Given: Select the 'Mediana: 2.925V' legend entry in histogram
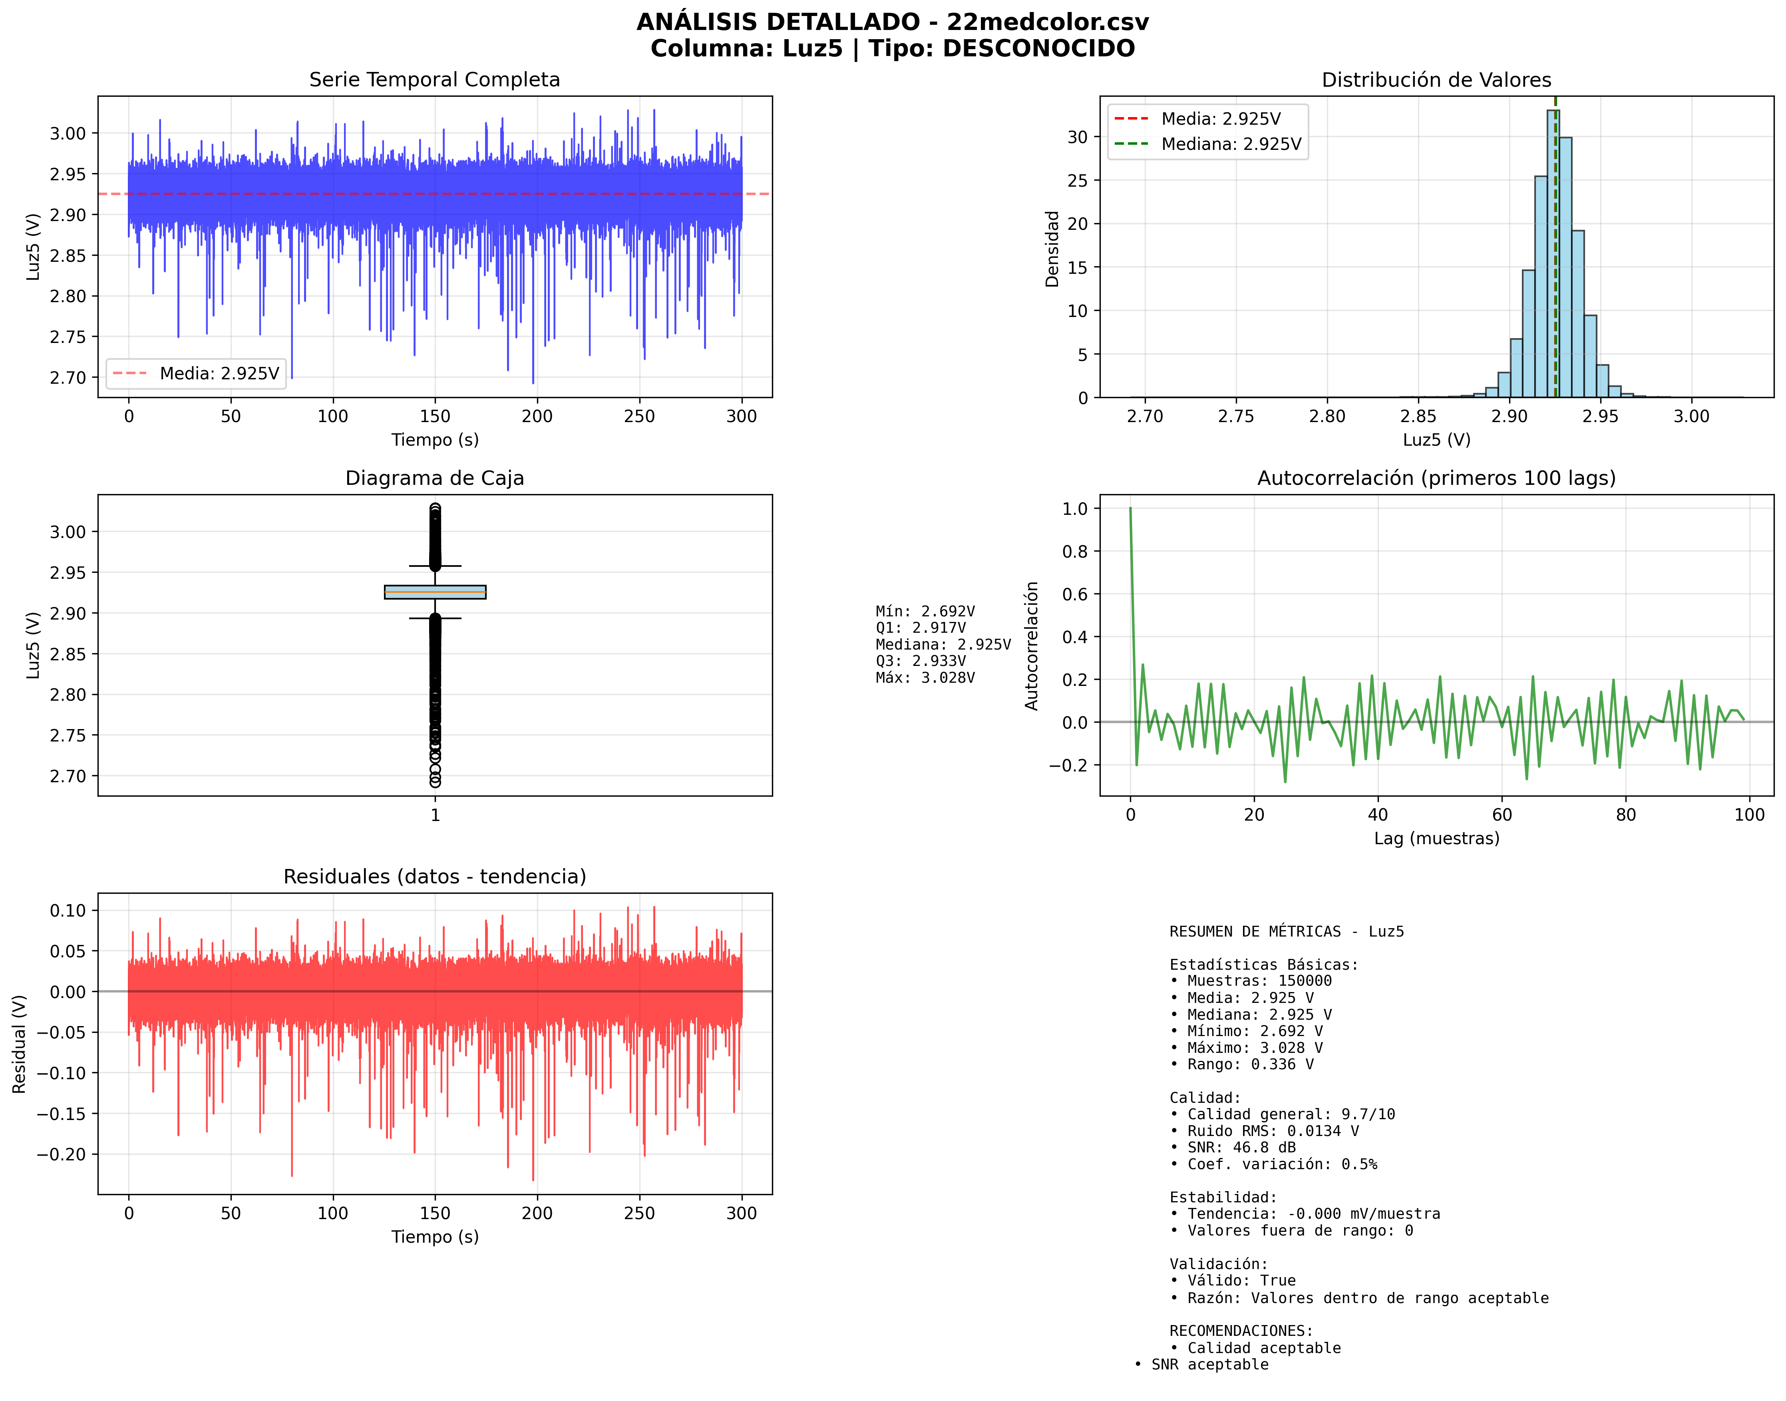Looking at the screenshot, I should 1230,144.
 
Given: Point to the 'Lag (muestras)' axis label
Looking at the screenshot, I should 1436,838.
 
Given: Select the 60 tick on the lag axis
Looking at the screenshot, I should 1502,815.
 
